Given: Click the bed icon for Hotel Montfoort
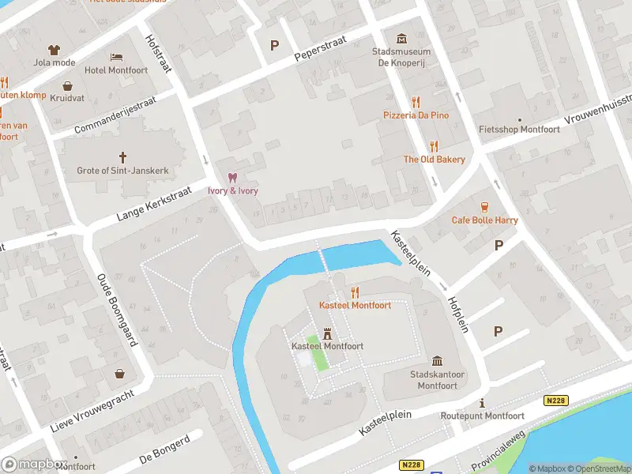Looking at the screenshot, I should click(117, 58).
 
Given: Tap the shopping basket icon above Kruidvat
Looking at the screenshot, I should click(68, 85).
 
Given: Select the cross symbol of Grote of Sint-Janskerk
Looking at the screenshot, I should click(122, 157).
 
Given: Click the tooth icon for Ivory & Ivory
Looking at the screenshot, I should click(231, 178).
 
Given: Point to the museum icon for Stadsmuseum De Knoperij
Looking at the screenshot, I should click(401, 38).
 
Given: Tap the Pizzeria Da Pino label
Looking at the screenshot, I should click(416, 115).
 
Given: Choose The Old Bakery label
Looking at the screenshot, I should click(434, 160).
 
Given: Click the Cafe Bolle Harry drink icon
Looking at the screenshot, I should click(484, 207).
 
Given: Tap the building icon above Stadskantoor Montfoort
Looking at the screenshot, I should click(436, 361).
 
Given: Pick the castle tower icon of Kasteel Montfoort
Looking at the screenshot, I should click(326, 333).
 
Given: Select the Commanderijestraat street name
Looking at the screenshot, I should click(115, 115).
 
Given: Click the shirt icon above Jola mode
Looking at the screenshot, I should click(54, 50).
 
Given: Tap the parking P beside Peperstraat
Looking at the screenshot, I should click(274, 45).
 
